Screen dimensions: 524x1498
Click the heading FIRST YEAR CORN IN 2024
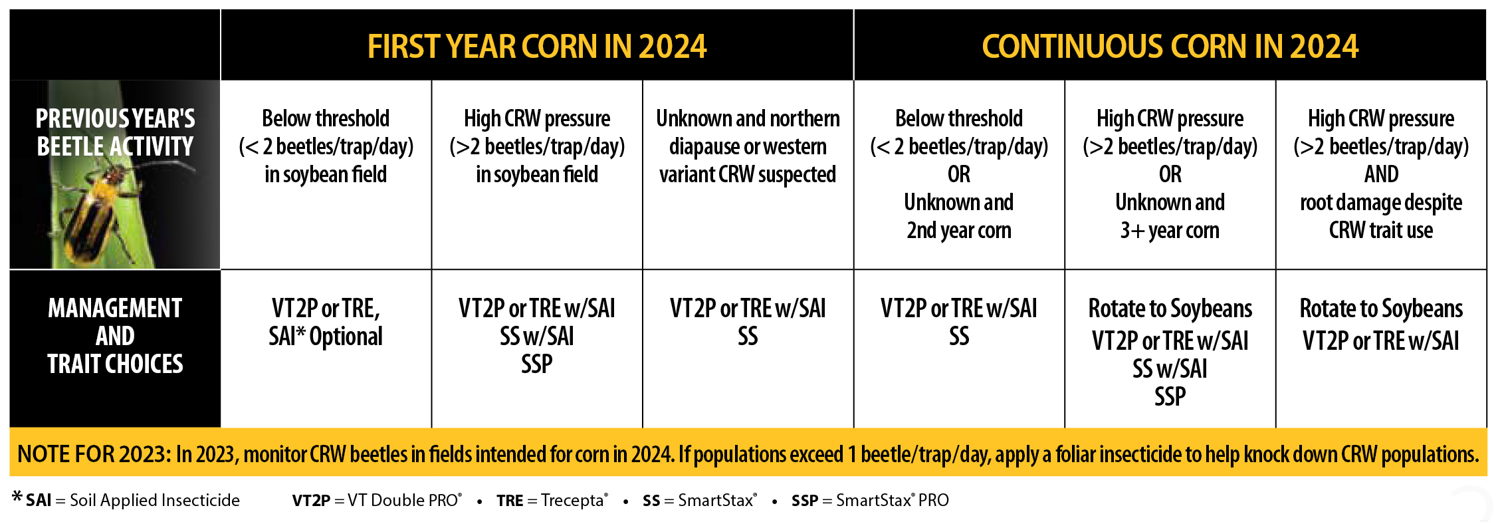point(536,47)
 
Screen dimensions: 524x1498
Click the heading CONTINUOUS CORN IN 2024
point(1170,47)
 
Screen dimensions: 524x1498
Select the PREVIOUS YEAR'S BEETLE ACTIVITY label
point(115,132)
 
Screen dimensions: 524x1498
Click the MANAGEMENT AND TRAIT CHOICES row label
point(115,336)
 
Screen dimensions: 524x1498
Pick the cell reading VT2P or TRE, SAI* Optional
point(326,323)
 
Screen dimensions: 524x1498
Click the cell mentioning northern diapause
point(748,146)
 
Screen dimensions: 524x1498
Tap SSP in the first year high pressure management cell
point(536,364)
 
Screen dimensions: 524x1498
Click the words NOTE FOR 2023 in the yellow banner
point(94,454)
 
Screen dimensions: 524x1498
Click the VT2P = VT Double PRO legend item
point(376,500)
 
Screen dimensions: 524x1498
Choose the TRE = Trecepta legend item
point(552,500)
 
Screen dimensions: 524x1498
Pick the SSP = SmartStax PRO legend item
point(869,500)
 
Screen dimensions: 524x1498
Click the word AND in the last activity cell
point(1381,174)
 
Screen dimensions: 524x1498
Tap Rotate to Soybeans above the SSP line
point(1170,309)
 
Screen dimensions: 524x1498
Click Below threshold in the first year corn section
point(326,118)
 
